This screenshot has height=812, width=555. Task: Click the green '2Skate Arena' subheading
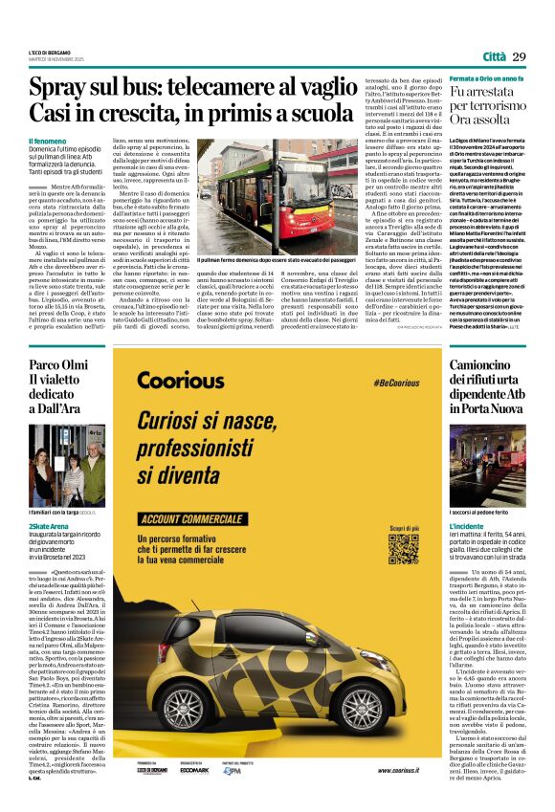coord(49,526)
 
